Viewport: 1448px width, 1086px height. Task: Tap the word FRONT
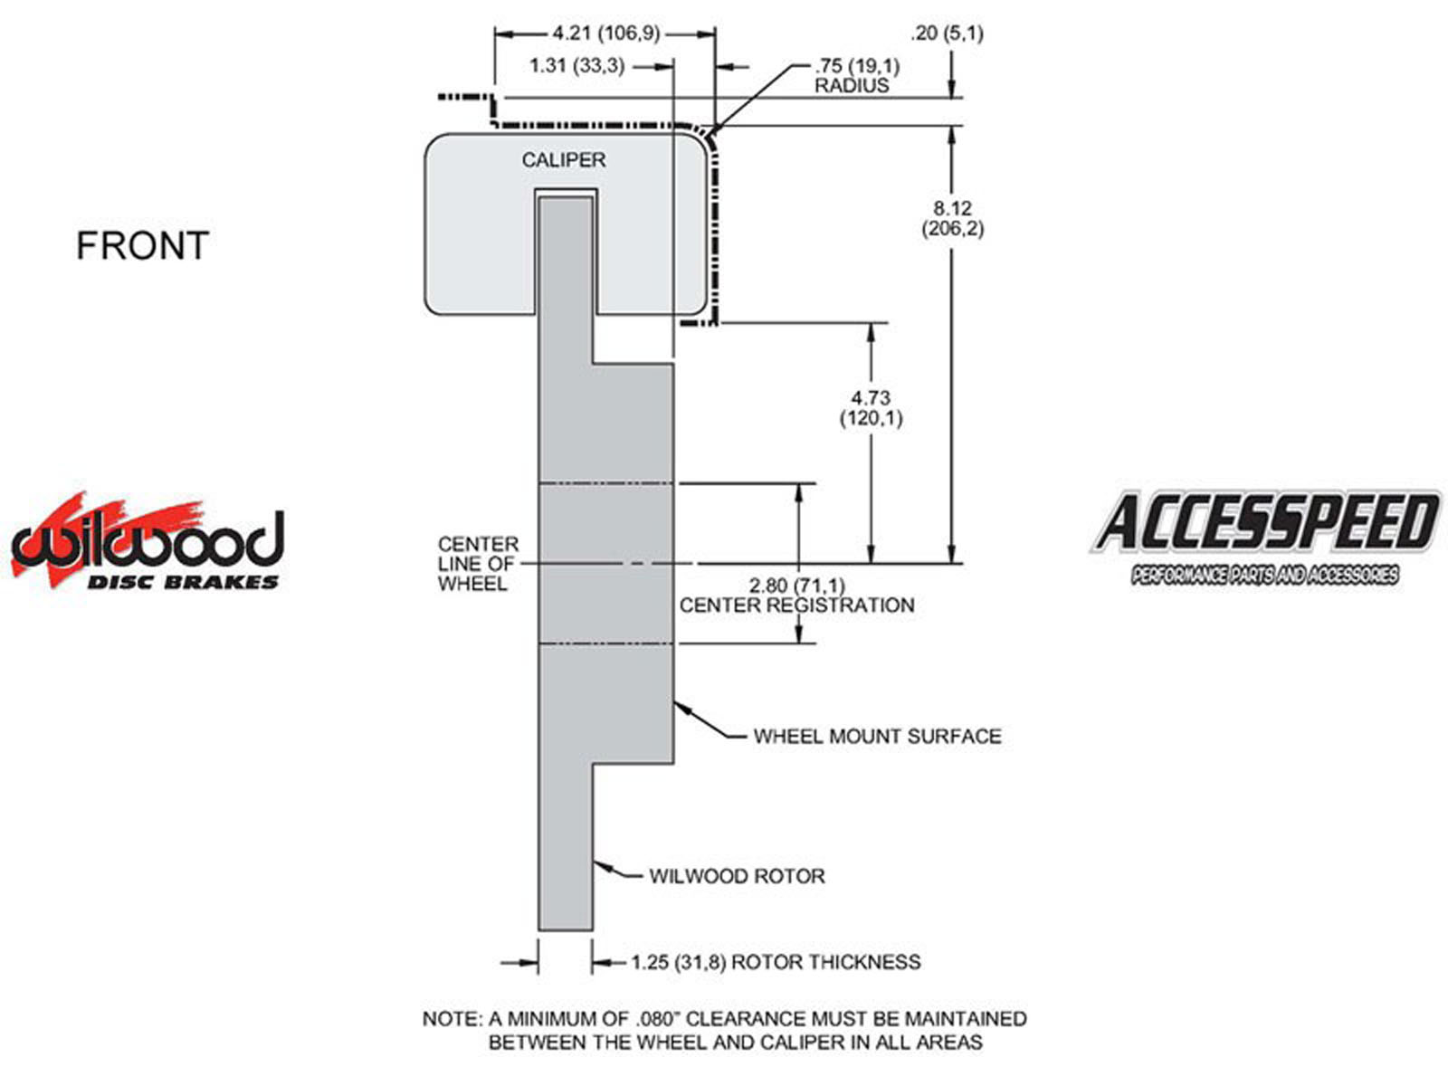point(142,246)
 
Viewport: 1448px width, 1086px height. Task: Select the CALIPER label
point(563,160)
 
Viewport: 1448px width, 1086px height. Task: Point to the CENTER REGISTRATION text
point(796,605)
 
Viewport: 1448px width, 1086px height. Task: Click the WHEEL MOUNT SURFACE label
point(877,737)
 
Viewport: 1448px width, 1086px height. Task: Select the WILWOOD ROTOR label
point(737,876)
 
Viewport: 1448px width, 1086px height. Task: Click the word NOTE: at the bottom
point(452,1019)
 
